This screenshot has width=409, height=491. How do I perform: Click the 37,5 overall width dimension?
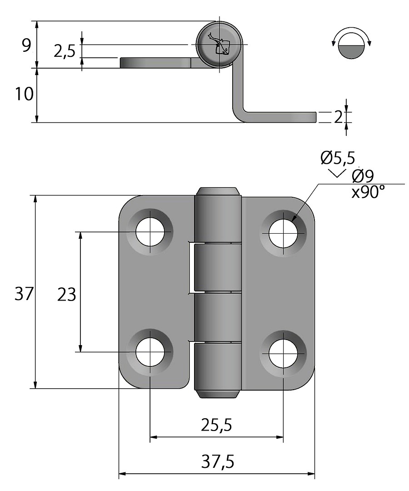(x=217, y=462)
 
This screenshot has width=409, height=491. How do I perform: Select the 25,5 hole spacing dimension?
(x=216, y=425)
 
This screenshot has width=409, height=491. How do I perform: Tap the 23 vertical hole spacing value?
(x=66, y=295)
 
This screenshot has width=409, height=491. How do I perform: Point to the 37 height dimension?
(x=24, y=295)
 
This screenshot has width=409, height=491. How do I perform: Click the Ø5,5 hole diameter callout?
(x=337, y=158)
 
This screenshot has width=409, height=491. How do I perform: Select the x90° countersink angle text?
(x=367, y=192)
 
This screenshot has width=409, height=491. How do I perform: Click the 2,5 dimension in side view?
(x=64, y=51)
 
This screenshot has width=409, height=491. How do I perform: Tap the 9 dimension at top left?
(x=26, y=45)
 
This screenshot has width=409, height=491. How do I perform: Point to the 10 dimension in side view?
(x=24, y=95)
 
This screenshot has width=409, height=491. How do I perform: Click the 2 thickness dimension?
(x=338, y=117)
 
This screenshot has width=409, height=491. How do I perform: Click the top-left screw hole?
(x=150, y=232)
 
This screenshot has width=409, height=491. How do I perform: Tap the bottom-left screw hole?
(x=150, y=352)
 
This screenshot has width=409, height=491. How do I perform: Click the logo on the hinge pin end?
(x=219, y=44)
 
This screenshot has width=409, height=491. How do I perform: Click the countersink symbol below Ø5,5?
(x=336, y=173)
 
